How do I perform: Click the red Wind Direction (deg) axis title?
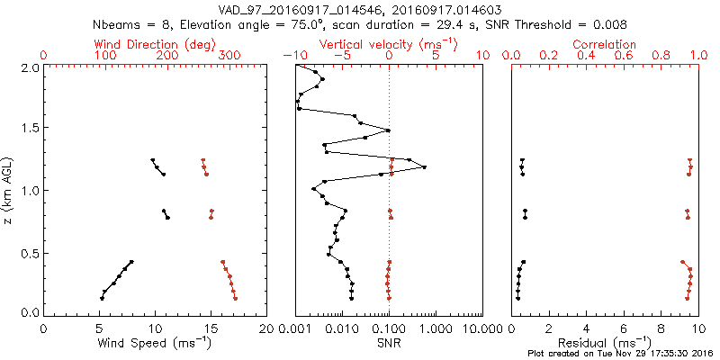153,44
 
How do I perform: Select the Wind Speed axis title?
153,342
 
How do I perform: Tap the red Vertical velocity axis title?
388,44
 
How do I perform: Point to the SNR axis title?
388,342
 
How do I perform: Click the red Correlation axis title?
605,44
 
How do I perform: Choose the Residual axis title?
605,342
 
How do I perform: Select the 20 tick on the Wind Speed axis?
266,329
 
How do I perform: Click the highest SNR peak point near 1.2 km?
424,167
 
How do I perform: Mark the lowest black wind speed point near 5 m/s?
102,298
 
